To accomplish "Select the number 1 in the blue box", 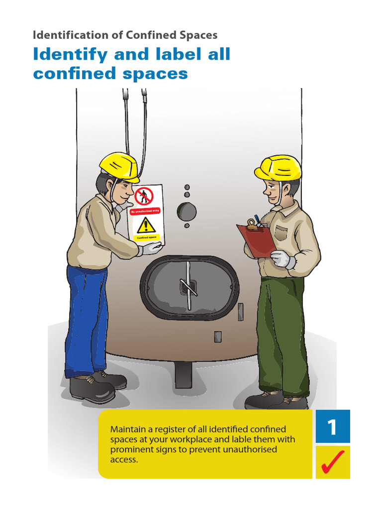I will click(x=333, y=427).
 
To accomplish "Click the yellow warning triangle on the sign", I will click(x=146, y=226).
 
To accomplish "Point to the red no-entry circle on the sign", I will click(x=144, y=196).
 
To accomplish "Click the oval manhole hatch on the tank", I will click(x=190, y=288).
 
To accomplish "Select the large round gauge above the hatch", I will click(x=187, y=212).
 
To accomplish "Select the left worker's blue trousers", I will click(x=87, y=318).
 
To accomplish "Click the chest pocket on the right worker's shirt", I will click(x=281, y=232).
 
